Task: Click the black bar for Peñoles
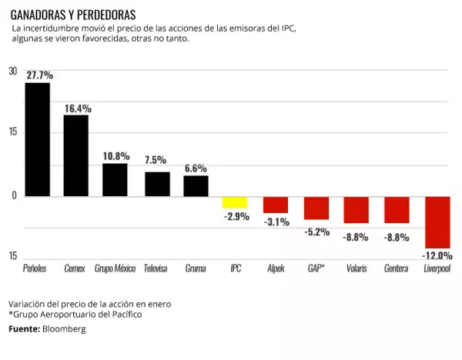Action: [x=37, y=139]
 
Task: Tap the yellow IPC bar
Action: [x=236, y=202]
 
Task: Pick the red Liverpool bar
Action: [x=437, y=222]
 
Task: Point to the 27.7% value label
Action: [x=39, y=75]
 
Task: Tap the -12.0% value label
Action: [x=437, y=255]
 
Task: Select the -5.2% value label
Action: [x=316, y=231]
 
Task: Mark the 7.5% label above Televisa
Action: [x=156, y=160]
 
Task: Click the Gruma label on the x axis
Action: [x=196, y=269]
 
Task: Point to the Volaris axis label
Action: [x=356, y=269]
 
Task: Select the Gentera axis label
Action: [x=396, y=269]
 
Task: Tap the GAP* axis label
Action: [x=316, y=269]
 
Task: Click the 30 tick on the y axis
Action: [x=12, y=72]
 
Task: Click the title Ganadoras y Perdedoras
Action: [x=73, y=15]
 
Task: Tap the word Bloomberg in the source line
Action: [x=64, y=329]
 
